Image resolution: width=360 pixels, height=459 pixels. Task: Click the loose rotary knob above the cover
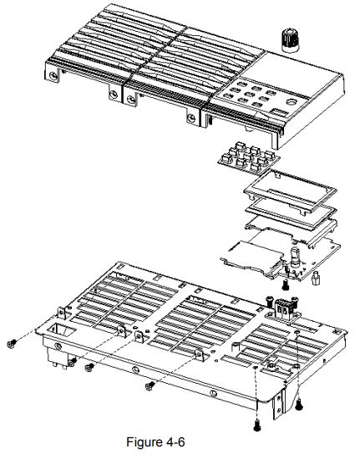coord(291,38)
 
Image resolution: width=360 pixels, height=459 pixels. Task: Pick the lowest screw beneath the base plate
coord(257,426)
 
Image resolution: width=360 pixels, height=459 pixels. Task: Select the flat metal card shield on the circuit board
coord(251,250)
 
